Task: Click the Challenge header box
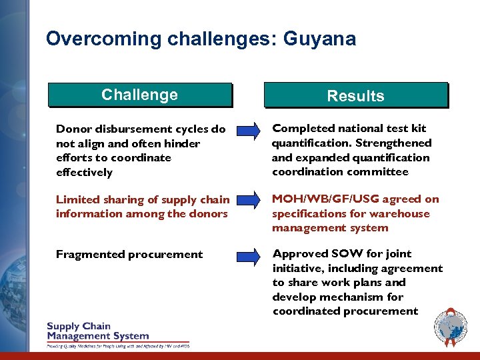point(139,95)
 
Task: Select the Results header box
point(355,95)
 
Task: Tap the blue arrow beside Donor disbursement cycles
point(249,130)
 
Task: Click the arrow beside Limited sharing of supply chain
point(249,200)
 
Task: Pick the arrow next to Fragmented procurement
point(249,255)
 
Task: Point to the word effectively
point(84,173)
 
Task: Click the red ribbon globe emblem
point(451,327)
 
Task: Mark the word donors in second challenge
point(210,213)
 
